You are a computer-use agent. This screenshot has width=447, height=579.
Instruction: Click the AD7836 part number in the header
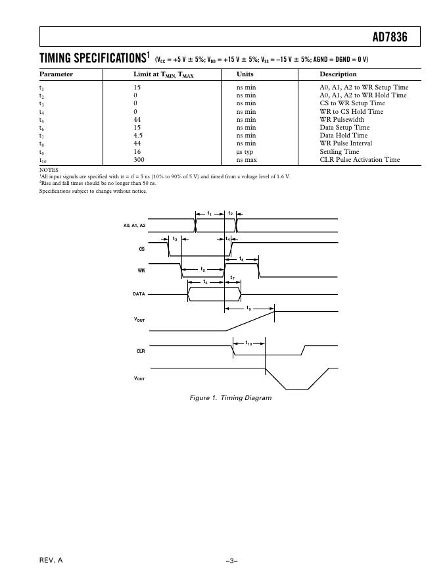click(x=390, y=38)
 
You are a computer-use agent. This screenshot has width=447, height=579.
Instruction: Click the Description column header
click(x=338, y=74)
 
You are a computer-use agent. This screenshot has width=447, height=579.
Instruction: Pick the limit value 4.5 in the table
click(x=138, y=136)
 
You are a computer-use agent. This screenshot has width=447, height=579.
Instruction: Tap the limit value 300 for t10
click(x=139, y=159)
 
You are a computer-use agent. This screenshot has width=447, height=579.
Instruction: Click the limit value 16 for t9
click(x=137, y=151)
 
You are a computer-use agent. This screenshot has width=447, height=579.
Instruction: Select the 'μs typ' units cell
click(x=245, y=151)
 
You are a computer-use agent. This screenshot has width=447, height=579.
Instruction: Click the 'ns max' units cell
click(x=247, y=159)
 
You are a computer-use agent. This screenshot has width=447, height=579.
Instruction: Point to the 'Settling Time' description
click(x=339, y=151)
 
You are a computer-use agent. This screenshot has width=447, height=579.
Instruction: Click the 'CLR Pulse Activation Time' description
click(x=360, y=159)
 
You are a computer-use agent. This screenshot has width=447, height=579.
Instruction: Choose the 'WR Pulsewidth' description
click(x=342, y=120)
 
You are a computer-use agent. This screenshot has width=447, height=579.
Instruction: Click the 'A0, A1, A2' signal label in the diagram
click(x=134, y=226)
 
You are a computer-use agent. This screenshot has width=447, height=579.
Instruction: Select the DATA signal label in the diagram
click(x=139, y=294)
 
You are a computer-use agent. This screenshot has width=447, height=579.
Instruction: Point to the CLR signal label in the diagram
click(x=141, y=351)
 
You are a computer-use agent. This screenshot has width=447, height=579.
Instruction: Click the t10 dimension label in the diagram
click(x=249, y=343)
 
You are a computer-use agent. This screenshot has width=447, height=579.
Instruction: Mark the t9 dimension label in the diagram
click(x=248, y=308)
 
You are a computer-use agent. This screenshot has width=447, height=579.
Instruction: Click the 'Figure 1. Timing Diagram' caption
click(x=229, y=398)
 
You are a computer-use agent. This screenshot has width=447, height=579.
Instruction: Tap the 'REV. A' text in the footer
click(x=51, y=560)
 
